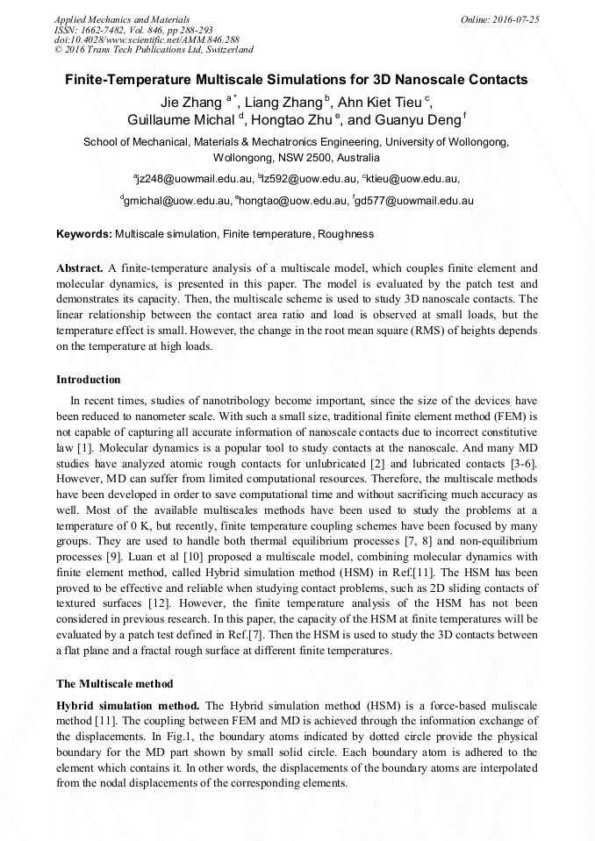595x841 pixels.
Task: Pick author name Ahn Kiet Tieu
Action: (x=383, y=102)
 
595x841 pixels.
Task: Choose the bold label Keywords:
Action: (x=84, y=235)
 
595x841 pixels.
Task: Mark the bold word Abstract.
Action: (x=80, y=267)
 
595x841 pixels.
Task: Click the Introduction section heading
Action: (x=89, y=380)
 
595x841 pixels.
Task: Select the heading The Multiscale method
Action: (x=115, y=683)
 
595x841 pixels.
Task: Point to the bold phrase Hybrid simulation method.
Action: (x=127, y=705)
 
